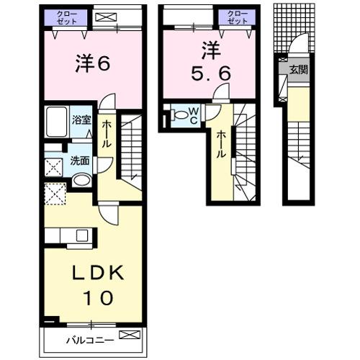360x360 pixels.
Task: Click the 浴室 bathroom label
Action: pos(81,120)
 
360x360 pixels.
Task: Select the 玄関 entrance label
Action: pos(299,70)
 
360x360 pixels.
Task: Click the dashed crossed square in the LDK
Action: pos(55,194)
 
